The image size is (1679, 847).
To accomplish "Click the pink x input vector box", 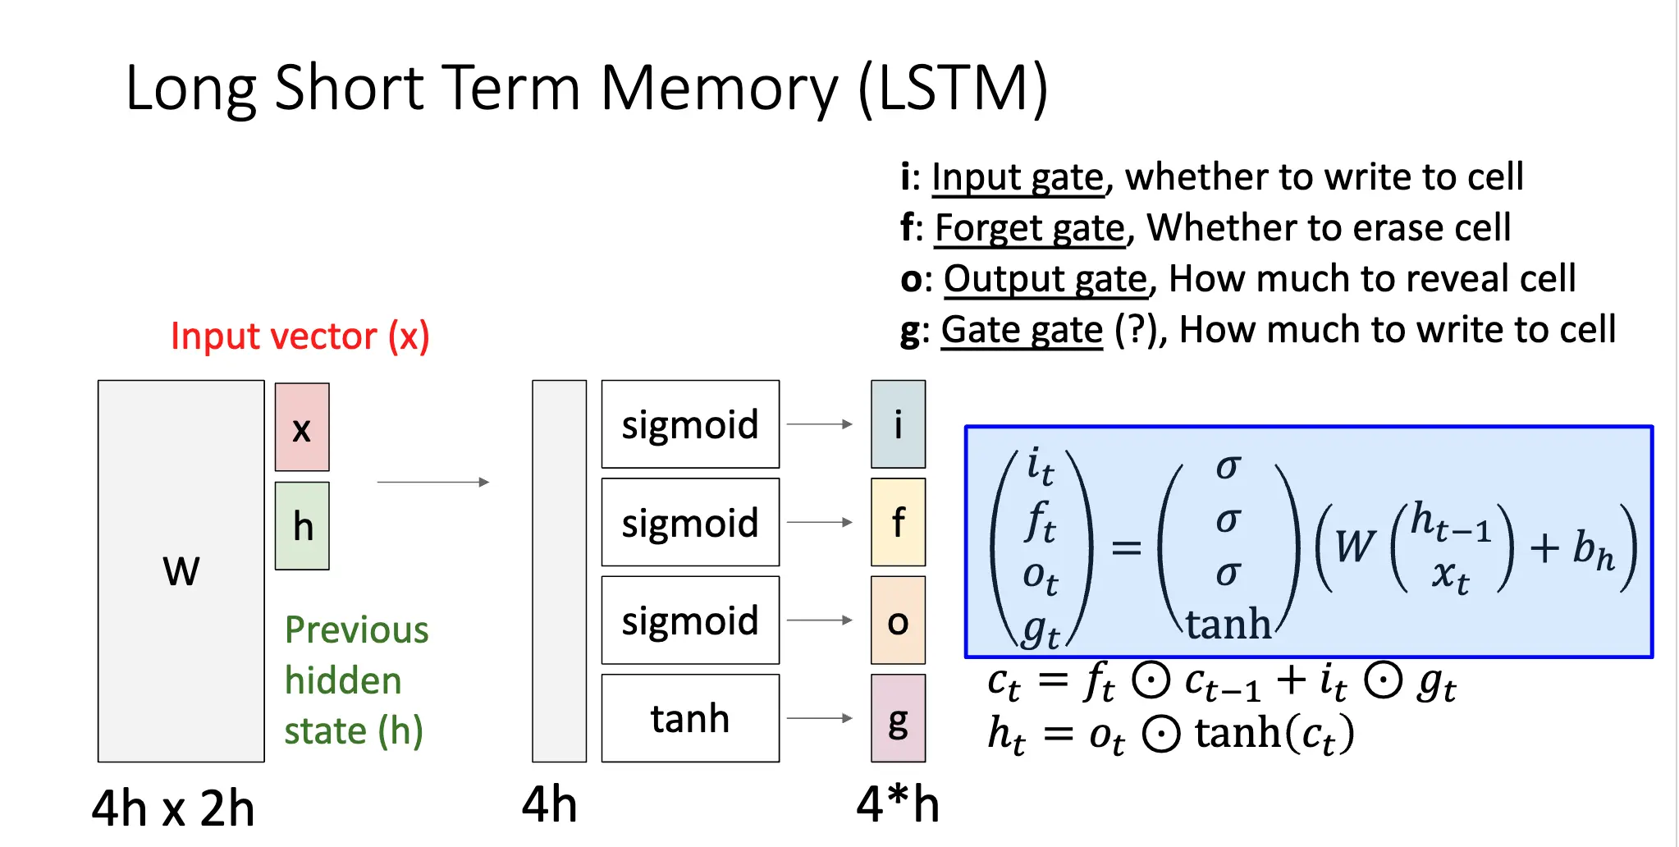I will point(302,427).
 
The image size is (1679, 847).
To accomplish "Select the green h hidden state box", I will point(302,525).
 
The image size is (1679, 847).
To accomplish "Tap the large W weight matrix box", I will point(181,570).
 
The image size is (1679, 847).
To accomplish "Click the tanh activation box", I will point(690,718).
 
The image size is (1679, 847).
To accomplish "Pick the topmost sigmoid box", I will point(690,424).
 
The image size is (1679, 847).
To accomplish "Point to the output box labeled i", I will point(898,424).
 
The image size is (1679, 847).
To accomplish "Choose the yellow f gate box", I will point(898,522).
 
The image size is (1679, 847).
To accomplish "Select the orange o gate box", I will point(898,620).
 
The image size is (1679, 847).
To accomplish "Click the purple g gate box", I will point(898,718).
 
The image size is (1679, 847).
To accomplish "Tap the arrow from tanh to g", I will point(820,718).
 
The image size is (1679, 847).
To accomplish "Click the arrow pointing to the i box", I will point(820,424).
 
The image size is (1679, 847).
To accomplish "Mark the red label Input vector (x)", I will point(300,336).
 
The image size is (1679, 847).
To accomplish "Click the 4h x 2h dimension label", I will point(173,808).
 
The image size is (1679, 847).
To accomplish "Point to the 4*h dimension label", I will point(898,804).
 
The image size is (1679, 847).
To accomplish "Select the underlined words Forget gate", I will point(1030,227).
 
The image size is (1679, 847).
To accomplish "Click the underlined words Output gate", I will point(1045,278).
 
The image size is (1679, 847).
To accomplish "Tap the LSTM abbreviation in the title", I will point(952,88).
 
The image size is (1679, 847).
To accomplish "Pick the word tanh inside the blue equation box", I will point(1228,624).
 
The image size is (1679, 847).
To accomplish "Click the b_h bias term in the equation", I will point(1593,548).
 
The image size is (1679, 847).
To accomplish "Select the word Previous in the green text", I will point(356,630).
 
